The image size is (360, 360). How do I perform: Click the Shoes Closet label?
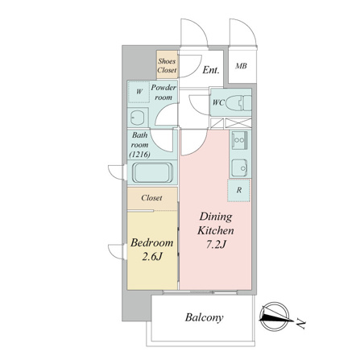167,65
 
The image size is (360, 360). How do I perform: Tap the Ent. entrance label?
211,70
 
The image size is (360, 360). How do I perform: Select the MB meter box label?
241,66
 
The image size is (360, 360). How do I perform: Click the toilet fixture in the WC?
238,103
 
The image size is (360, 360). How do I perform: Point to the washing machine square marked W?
139,92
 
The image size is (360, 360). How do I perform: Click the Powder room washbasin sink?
138,118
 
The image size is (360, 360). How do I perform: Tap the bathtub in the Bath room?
153,172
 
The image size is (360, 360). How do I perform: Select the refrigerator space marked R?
238,190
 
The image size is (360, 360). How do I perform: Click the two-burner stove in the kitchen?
239,140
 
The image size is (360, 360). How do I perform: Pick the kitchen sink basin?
239,168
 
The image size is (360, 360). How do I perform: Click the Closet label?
151,198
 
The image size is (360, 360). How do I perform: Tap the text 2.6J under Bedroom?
152,257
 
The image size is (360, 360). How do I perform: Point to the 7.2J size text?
217,245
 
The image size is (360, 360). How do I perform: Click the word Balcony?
204,317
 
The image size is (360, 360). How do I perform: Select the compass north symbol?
275,317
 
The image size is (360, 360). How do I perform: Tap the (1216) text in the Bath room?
139,155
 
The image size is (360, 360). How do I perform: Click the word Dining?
216,217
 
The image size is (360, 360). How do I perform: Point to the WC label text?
218,102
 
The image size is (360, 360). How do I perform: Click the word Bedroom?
151,242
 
